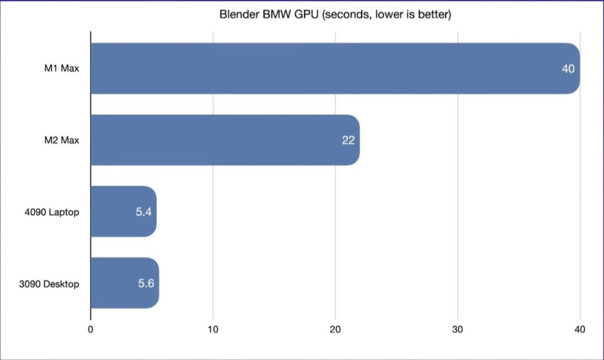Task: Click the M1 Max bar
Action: (x=330, y=68)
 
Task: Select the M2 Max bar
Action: (x=224, y=140)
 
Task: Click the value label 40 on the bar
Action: (x=568, y=69)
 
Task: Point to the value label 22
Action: (x=348, y=141)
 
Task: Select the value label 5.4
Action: (x=144, y=212)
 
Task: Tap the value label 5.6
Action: (x=146, y=283)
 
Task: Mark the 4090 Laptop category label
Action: (x=55, y=212)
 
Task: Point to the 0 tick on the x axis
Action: (x=90, y=329)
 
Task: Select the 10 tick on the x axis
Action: (x=213, y=329)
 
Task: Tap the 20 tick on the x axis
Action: (x=335, y=329)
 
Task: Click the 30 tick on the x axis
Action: (x=457, y=329)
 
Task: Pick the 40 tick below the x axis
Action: (x=580, y=329)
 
